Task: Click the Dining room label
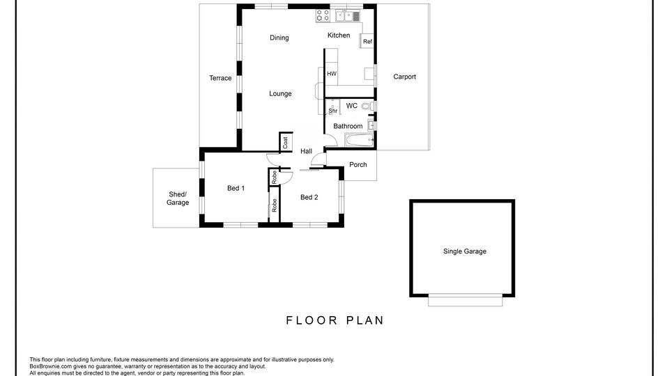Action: pos(279,38)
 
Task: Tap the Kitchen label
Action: pos(339,36)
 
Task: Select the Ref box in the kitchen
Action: pos(367,41)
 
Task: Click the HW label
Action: pos(332,74)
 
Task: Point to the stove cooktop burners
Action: pos(323,16)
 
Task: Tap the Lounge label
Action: pos(280,94)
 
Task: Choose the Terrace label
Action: pos(220,78)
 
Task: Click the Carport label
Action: pos(404,77)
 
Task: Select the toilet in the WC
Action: pos(368,106)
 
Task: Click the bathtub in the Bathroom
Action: pos(360,139)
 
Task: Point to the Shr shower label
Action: pos(333,111)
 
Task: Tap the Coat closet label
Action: pos(286,142)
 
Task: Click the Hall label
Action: pos(306,151)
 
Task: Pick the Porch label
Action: pos(358,165)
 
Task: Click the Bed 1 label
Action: pos(236,188)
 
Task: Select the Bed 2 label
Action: pos(309,197)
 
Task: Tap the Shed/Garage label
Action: pos(178,198)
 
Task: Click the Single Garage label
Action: pos(465,251)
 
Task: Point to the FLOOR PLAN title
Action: pos(335,320)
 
